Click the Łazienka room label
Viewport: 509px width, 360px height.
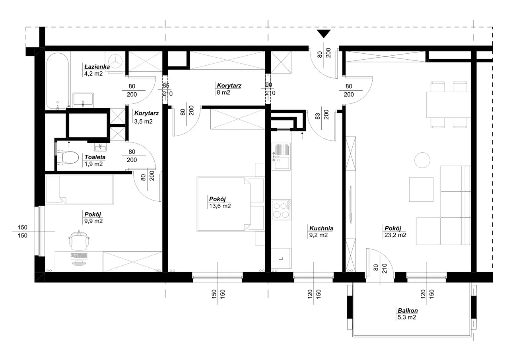tap(97, 66)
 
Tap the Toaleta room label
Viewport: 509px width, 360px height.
tap(95, 157)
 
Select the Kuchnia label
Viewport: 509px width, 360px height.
tap(321, 228)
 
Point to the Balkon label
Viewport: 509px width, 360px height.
tap(408, 310)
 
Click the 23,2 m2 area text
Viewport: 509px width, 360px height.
tap(395, 235)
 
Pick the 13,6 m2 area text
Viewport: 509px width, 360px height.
tap(220, 206)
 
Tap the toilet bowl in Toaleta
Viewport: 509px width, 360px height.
tap(68, 157)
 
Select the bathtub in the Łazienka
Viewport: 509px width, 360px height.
tap(58, 81)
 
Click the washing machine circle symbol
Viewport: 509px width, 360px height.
tap(115, 61)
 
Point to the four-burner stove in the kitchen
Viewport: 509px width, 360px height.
tap(281, 210)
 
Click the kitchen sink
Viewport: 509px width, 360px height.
tap(281, 157)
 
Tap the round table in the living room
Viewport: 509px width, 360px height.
tap(422, 160)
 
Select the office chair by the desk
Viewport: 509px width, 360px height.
tap(79, 241)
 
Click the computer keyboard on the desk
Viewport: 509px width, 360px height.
tap(79, 256)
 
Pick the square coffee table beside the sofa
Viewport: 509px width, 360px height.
tap(421, 189)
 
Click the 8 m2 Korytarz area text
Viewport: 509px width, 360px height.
tap(223, 93)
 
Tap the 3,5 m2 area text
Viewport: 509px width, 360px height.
tap(143, 121)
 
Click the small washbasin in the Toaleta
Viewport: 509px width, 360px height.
tap(100, 147)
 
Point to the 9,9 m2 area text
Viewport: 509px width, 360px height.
tap(93, 221)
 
